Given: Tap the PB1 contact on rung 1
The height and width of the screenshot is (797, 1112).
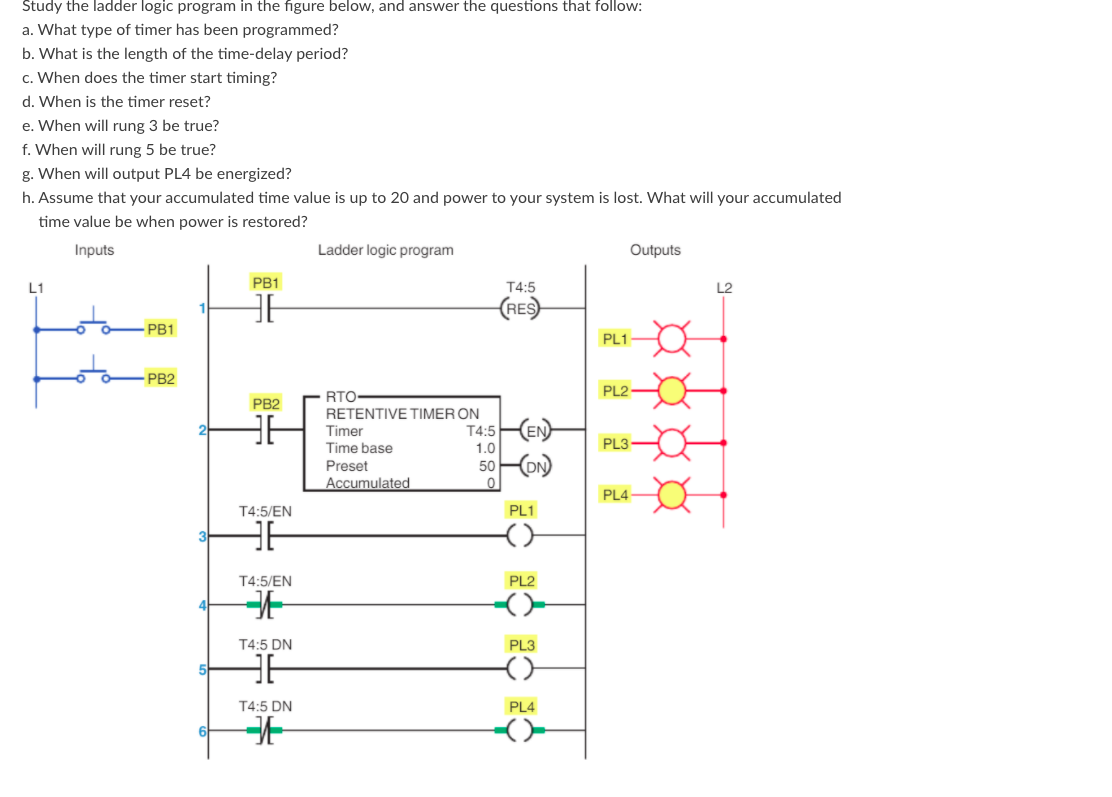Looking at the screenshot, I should (x=266, y=309).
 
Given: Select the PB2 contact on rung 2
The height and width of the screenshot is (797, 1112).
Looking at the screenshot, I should (x=266, y=431).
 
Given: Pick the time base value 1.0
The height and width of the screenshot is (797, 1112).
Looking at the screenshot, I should (x=486, y=448).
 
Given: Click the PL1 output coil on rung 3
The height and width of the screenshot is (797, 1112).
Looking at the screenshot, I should (x=522, y=537).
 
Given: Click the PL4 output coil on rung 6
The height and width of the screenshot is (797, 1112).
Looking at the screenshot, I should (x=522, y=732).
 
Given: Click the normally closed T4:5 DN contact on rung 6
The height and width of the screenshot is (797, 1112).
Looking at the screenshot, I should (x=265, y=732).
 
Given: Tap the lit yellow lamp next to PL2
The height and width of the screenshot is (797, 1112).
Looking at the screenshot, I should (x=672, y=389).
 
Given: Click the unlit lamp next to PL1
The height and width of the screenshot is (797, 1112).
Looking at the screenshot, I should (x=672, y=339).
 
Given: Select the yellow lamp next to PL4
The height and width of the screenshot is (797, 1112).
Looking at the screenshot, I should (x=672, y=494).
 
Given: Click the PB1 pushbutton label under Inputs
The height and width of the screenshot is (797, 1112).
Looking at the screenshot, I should (x=160, y=329).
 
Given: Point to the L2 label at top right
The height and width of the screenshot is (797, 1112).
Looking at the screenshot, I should (x=724, y=288).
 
